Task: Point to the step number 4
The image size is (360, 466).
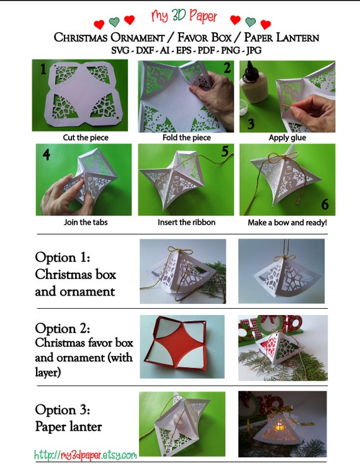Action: point(46,154)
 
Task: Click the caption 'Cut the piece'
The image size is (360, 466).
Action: point(83,137)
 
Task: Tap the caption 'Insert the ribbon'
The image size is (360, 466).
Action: point(183,222)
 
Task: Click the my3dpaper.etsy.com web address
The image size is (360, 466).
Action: point(85,455)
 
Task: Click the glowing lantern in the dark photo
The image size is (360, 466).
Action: point(281,429)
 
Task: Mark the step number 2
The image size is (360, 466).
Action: point(226,68)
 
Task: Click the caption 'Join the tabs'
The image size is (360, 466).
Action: point(83,222)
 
